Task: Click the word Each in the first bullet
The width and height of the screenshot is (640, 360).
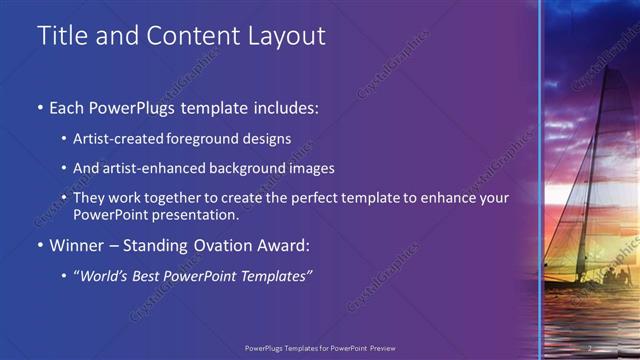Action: pos(69,107)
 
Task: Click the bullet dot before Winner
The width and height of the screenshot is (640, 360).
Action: pos(40,245)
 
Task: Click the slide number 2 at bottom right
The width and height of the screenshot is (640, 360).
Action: pos(591,347)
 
